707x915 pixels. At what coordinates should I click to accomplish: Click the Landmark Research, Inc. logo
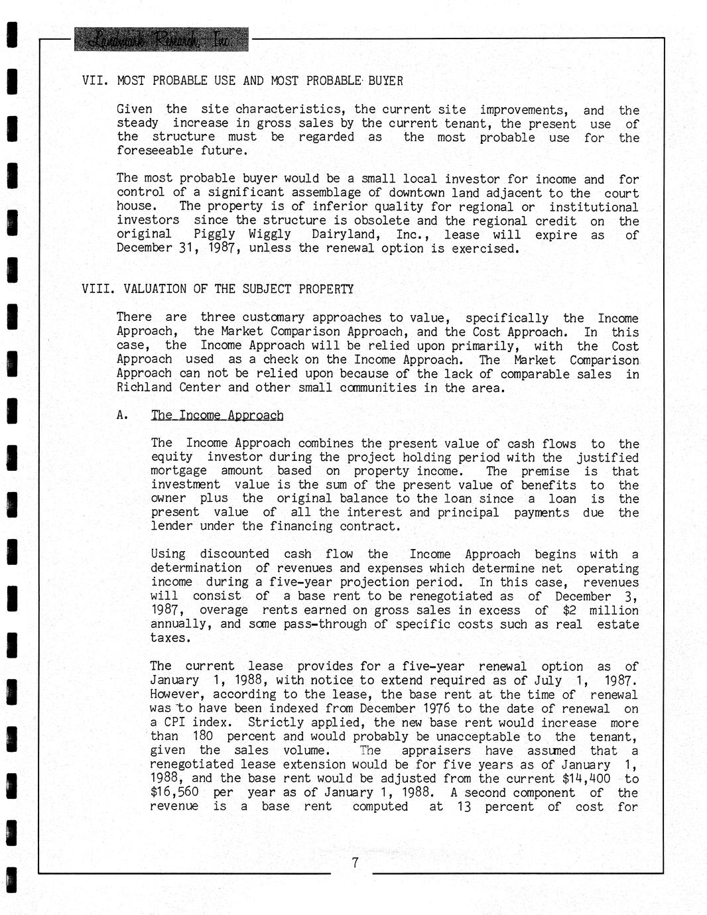pos(162,40)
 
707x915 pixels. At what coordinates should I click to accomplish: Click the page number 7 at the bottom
pos(355,863)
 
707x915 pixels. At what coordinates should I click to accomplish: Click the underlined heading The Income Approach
pos(217,415)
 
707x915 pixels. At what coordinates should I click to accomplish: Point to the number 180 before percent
pos(202,736)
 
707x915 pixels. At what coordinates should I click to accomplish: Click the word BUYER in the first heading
pos(385,81)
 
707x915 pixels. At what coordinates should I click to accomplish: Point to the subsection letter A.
pos(122,415)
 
